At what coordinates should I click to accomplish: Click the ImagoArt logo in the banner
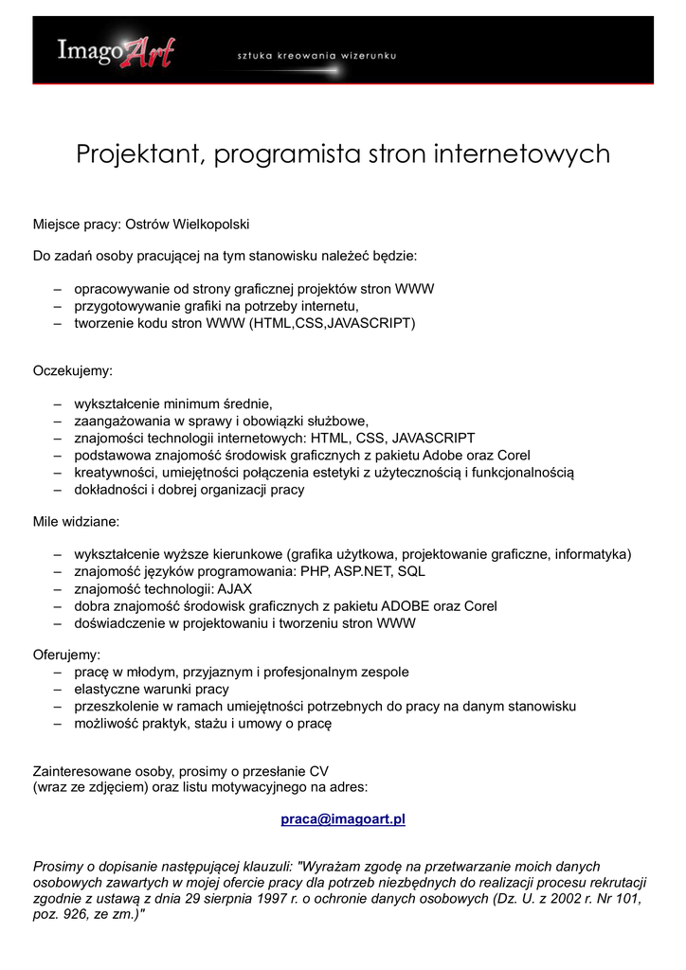[115, 50]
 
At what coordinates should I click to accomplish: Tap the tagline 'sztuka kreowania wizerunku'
[316, 56]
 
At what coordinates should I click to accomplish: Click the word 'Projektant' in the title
[138, 153]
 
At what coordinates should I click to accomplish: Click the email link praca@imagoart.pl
[343, 818]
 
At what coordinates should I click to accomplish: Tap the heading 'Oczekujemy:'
[73, 370]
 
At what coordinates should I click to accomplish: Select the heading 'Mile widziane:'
[76, 522]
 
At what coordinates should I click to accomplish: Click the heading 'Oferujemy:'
[66, 655]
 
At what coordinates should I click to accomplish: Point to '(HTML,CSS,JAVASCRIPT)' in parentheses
[332, 323]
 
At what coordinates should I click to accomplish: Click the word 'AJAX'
[229, 588]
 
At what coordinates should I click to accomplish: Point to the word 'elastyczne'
[108, 689]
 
